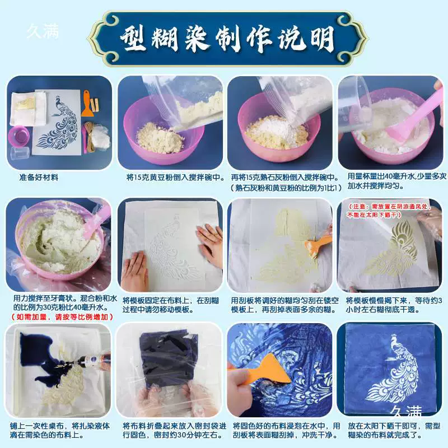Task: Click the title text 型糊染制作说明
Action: click(x=227, y=39)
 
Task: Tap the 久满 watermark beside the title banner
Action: click(x=43, y=31)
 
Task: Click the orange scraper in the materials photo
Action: click(x=86, y=104)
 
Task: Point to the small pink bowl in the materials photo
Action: click(x=19, y=136)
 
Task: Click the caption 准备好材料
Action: click(x=39, y=177)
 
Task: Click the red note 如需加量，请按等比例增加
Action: click(x=62, y=316)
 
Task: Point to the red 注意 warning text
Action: click(x=389, y=210)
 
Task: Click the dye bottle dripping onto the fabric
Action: click(x=91, y=361)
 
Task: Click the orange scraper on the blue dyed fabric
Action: click(x=259, y=368)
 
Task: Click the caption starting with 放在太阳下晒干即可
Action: click(x=394, y=430)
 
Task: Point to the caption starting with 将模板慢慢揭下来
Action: click(x=394, y=305)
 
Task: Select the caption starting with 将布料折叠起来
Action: click(x=174, y=430)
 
